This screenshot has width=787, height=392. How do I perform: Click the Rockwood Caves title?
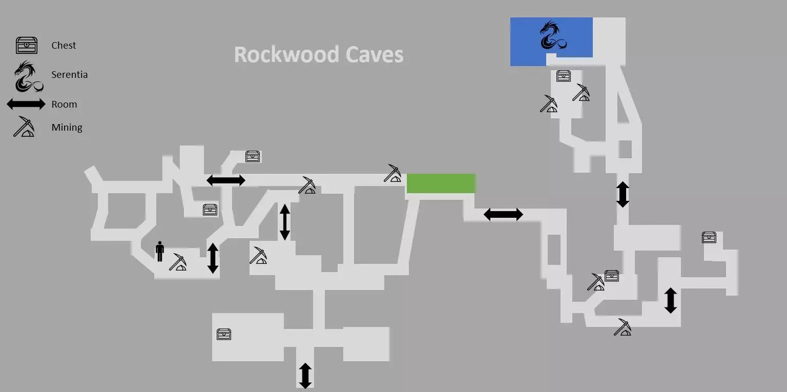click(x=319, y=54)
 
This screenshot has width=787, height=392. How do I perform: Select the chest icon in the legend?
click(x=27, y=46)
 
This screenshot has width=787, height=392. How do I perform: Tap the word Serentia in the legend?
click(x=69, y=75)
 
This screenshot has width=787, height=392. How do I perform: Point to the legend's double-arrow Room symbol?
click(x=26, y=105)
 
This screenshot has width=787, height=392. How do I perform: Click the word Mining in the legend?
click(x=67, y=128)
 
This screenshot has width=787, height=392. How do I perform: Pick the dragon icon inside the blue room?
click(x=552, y=36)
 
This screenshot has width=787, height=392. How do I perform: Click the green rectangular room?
click(x=441, y=183)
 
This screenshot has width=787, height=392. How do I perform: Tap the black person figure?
click(x=160, y=251)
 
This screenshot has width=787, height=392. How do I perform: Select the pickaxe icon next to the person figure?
click(x=178, y=262)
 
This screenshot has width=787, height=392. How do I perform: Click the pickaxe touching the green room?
click(x=392, y=174)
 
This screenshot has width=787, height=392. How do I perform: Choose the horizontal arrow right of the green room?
click(x=503, y=214)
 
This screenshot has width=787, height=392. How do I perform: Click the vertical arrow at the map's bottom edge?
click(x=305, y=375)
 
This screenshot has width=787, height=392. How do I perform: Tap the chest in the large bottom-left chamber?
click(x=224, y=334)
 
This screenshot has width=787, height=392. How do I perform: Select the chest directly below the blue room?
click(x=564, y=76)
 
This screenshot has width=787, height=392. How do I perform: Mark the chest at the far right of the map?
click(x=709, y=237)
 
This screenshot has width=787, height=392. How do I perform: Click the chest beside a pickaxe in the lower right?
click(x=612, y=276)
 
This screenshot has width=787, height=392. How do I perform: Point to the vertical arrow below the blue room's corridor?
click(x=623, y=194)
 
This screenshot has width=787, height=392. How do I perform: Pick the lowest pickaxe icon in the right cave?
click(x=623, y=327)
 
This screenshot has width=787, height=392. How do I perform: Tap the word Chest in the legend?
click(x=64, y=46)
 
